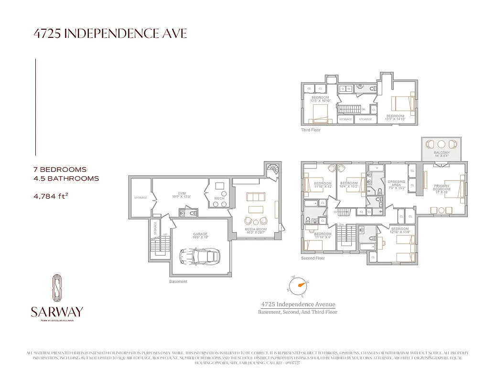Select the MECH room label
(219, 198)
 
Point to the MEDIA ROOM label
(256, 231)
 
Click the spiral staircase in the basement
(273, 169)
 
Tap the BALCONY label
(442, 154)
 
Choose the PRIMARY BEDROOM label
(441, 187)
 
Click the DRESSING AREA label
(397, 184)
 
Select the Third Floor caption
(311, 130)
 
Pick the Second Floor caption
(313, 258)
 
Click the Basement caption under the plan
(178, 282)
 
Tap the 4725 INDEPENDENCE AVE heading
(110, 34)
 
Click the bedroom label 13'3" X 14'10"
(395, 117)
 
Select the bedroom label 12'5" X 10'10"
(320, 99)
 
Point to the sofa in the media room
(255, 197)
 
